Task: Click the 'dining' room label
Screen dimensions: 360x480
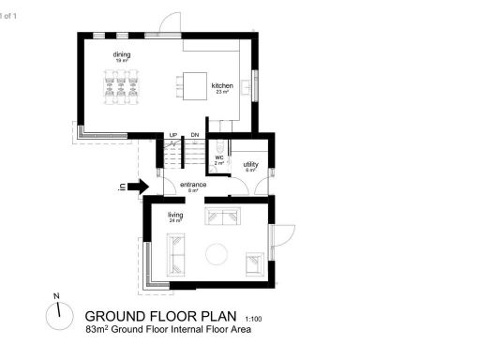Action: click(x=122, y=54)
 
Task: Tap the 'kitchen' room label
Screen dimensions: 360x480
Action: click(x=222, y=86)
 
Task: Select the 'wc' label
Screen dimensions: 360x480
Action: click(x=218, y=157)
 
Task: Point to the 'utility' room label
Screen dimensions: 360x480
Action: click(x=250, y=165)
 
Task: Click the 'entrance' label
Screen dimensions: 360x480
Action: click(x=194, y=186)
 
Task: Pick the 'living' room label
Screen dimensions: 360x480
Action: click(x=175, y=215)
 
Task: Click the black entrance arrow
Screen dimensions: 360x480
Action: click(x=138, y=187)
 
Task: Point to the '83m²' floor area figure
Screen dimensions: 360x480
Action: click(x=97, y=329)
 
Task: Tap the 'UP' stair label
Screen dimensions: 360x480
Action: click(x=173, y=136)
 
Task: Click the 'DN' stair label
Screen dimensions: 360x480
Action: click(x=195, y=136)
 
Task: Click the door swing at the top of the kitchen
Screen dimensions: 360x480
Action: click(x=170, y=22)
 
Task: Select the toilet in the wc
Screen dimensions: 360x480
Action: click(x=218, y=147)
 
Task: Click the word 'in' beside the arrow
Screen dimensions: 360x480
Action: click(x=123, y=187)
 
